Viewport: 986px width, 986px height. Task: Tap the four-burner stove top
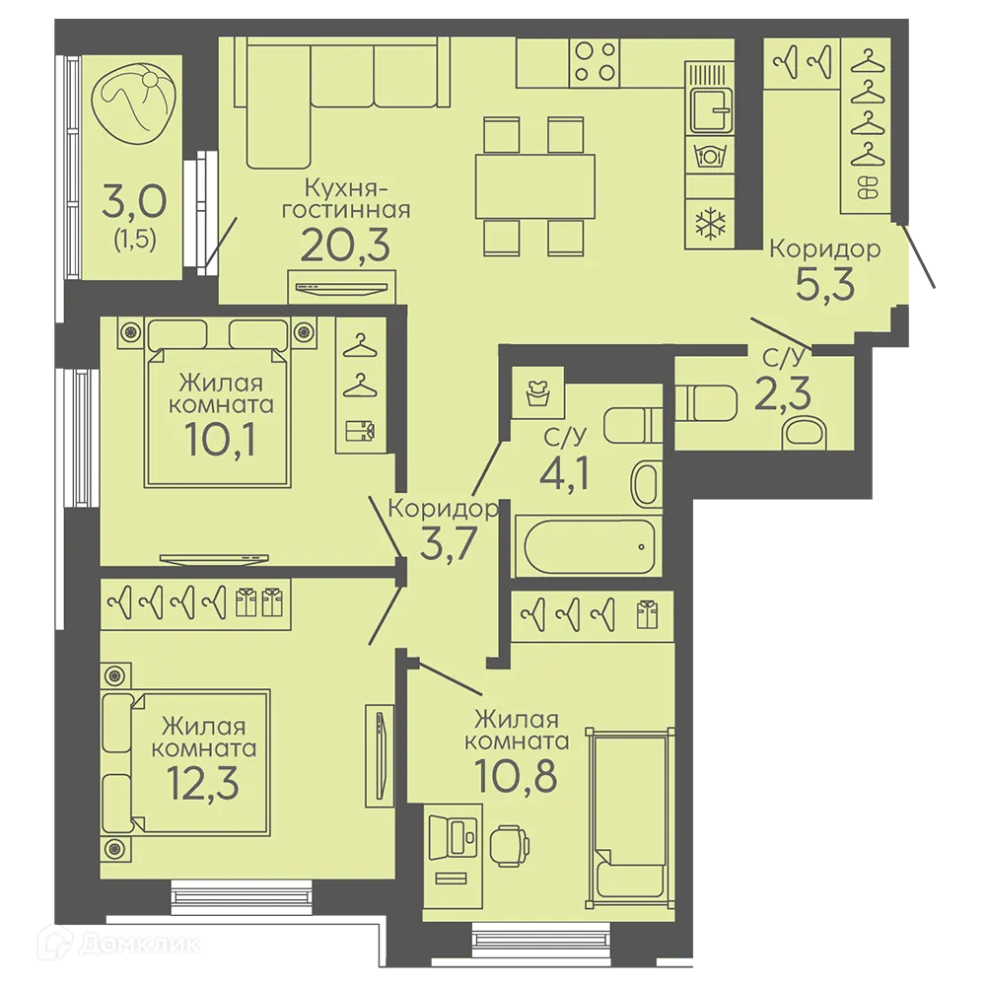point(595,63)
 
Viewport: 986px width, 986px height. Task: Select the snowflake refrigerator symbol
point(710,224)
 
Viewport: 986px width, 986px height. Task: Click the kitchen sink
point(711,110)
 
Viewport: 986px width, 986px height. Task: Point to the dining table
point(535,186)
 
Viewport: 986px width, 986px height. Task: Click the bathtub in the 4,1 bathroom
point(588,546)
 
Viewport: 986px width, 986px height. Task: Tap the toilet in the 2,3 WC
point(706,403)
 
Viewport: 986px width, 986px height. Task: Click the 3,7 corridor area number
point(449,543)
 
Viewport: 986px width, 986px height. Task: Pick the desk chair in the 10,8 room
point(510,846)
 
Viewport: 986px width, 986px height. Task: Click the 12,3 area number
point(204,783)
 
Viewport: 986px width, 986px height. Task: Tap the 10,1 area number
point(220,439)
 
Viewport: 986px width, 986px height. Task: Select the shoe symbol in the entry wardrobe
point(868,187)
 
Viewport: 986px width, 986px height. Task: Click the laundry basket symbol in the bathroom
point(538,393)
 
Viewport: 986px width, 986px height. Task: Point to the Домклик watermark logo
point(119,944)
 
